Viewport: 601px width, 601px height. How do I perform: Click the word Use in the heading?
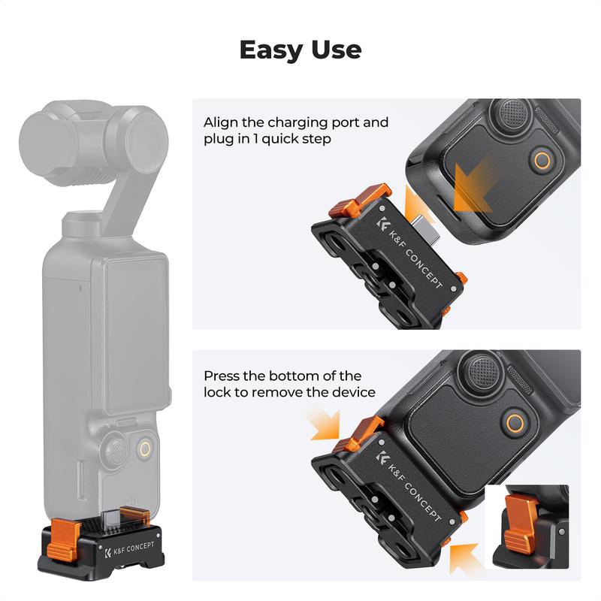click(x=335, y=50)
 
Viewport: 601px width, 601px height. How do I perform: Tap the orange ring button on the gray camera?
click(x=148, y=450)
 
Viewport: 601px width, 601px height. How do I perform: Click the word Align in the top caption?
click(x=221, y=122)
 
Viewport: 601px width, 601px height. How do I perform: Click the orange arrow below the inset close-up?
click(x=464, y=556)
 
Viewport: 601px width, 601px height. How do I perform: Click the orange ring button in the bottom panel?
click(x=516, y=422)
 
